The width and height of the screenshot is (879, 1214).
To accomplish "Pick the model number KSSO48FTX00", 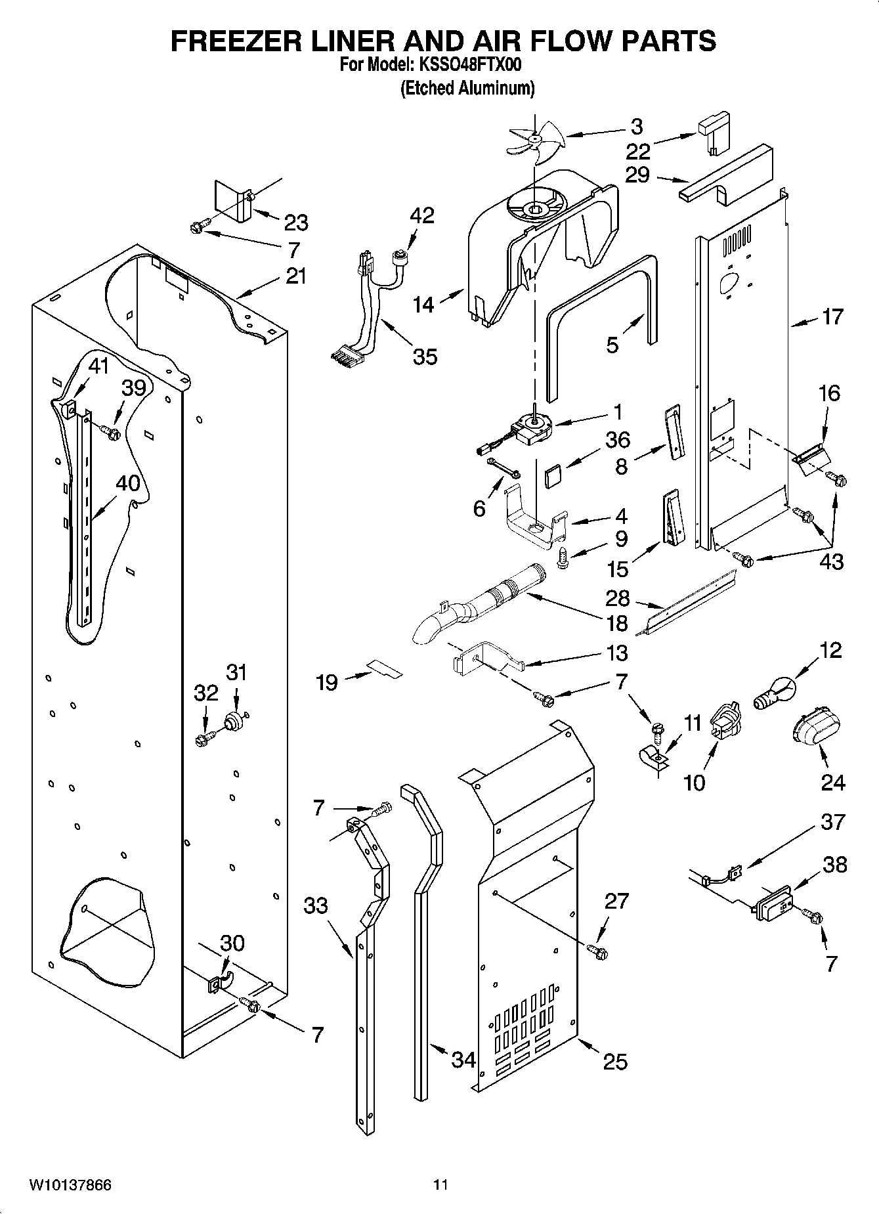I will [x=467, y=66].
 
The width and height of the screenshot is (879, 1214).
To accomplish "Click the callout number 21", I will [x=296, y=276].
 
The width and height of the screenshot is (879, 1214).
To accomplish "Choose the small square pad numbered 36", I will [x=555, y=475].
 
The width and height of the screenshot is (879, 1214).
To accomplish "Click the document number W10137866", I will [x=70, y=1185].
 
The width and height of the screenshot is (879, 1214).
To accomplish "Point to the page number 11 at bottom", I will [x=440, y=1185].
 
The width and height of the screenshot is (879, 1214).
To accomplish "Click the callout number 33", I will [x=316, y=905].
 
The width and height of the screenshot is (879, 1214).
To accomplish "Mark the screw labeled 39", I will [x=110, y=431].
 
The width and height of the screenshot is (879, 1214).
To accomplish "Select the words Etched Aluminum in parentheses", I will [x=467, y=88].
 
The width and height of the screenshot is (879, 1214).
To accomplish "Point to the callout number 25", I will [x=615, y=1062].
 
